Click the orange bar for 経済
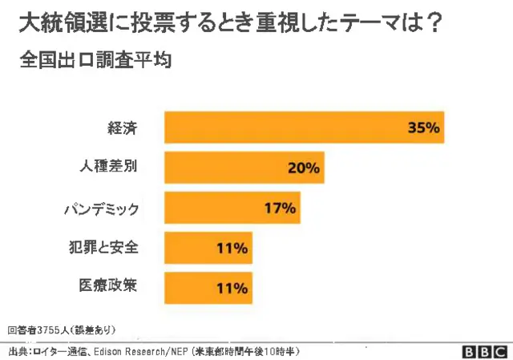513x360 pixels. point(304,128)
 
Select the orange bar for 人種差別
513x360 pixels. point(244,168)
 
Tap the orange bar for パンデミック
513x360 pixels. point(232,208)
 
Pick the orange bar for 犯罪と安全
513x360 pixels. point(208,249)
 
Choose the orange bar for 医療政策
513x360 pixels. point(208,287)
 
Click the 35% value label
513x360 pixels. point(424,128)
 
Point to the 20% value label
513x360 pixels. point(303,168)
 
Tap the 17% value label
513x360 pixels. point(280,208)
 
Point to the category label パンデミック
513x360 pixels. point(102,208)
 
